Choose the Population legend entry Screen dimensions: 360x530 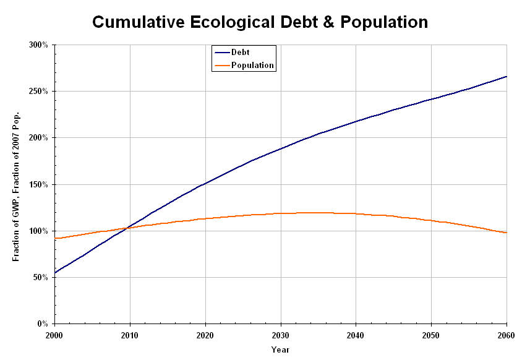point(252,65)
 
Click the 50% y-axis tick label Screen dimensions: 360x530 point(40,277)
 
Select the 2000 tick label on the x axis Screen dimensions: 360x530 point(55,335)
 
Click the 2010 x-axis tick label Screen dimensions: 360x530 point(130,335)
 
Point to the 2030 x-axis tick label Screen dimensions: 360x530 point(281,335)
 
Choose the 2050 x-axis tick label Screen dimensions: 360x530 point(431,335)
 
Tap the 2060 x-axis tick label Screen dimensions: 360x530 point(506,335)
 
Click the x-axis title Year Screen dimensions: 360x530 point(280,349)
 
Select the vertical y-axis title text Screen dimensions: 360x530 point(17,186)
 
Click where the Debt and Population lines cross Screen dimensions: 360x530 point(127,228)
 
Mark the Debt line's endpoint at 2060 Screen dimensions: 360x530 point(506,77)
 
